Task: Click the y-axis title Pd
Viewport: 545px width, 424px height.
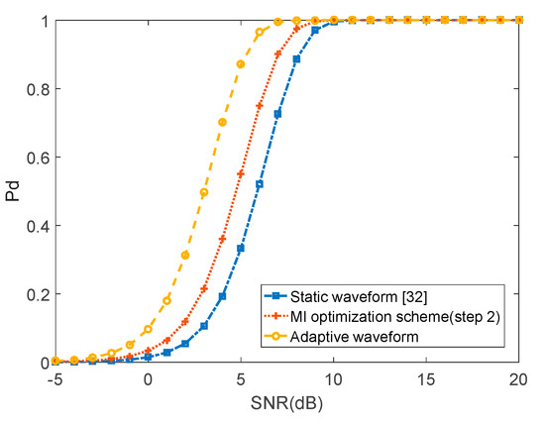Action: click(x=13, y=191)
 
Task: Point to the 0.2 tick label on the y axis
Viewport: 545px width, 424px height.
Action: click(x=36, y=294)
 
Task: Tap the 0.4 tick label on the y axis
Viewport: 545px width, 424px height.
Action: click(x=36, y=226)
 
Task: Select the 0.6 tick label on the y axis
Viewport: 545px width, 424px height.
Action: click(x=36, y=158)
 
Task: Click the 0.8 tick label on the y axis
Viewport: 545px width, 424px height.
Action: click(x=36, y=89)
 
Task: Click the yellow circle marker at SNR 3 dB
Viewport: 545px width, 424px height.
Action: click(x=204, y=192)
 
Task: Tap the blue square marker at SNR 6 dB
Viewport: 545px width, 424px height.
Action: click(x=260, y=184)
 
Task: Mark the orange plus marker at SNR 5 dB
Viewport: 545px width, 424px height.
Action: click(x=241, y=173)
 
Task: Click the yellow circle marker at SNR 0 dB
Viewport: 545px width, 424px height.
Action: click(x=148, y=329)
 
